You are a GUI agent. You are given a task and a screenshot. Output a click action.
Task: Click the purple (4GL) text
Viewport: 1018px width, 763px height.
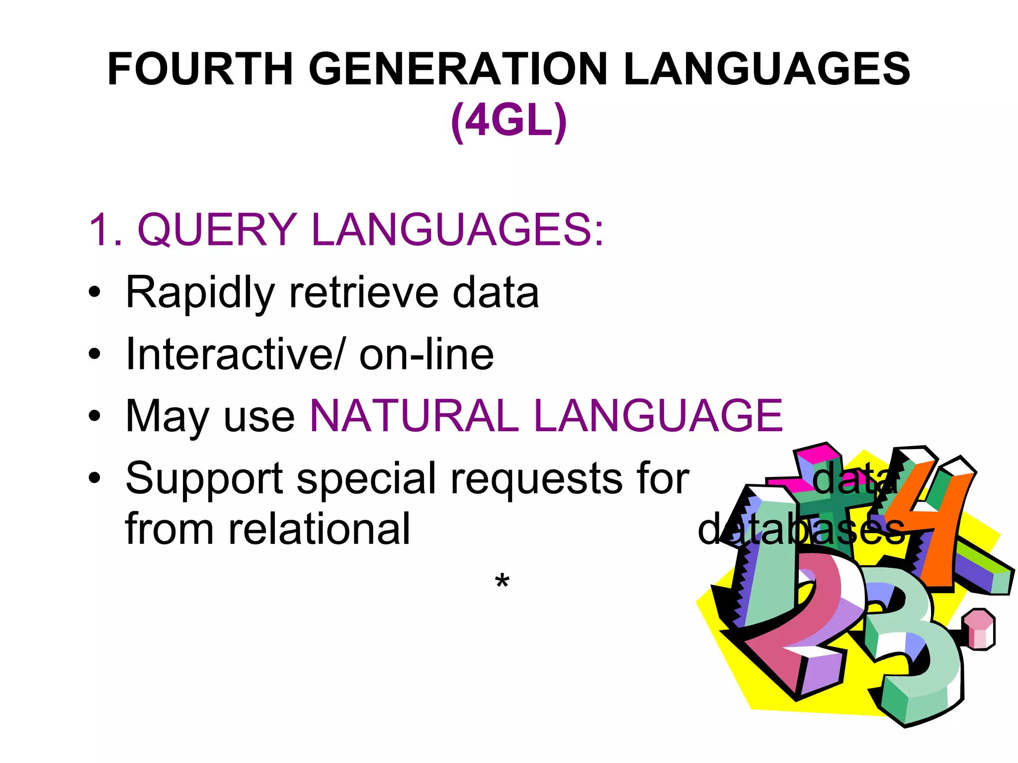[x=509, y=121]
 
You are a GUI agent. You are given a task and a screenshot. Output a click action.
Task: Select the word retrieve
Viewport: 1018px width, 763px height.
[x=363, y=293]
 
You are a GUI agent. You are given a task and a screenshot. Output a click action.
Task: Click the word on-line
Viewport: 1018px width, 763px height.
[x=426, y=354]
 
